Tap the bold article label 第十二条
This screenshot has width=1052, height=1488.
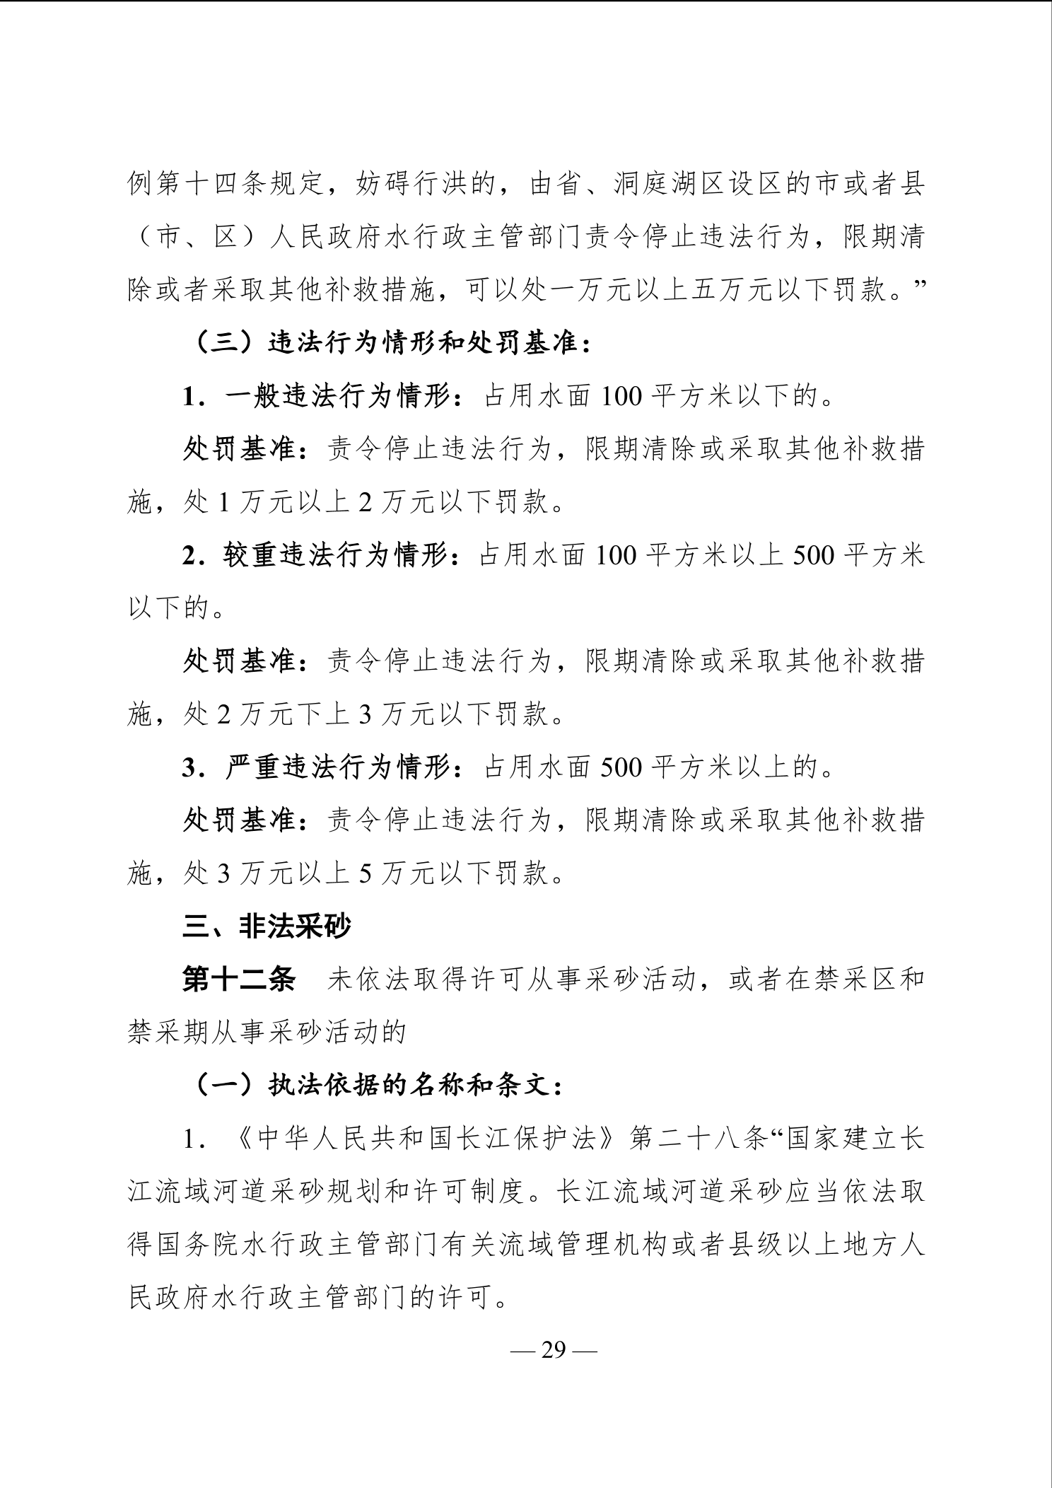click(238, 980)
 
